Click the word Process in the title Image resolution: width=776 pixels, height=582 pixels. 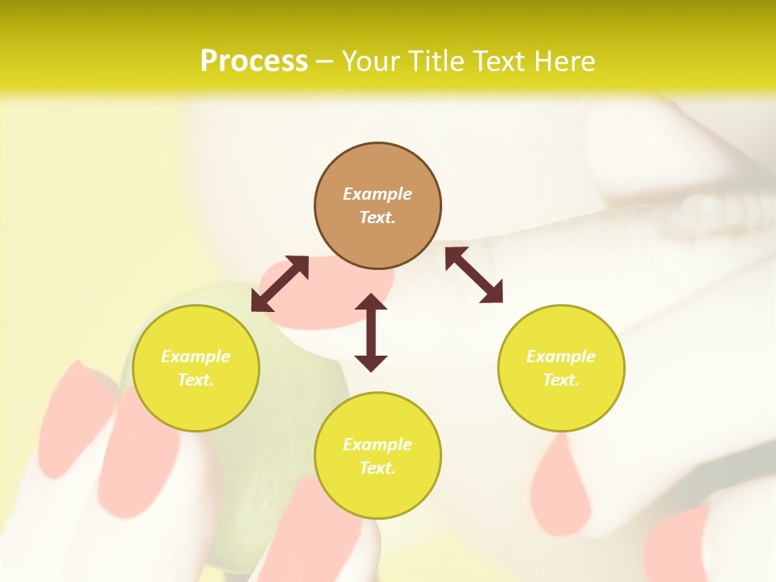pos(254,61)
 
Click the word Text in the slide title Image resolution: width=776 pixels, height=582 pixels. pos(499,61)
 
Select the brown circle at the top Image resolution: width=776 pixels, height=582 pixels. pos(377,206)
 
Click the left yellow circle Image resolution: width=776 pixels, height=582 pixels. pos(196,368)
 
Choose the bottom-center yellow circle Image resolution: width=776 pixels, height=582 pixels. pos(377,456)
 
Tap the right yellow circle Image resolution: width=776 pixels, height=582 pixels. pos(561,368)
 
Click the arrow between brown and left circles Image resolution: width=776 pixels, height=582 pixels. pos(280,284)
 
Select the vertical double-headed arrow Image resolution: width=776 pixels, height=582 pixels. pos(371,332)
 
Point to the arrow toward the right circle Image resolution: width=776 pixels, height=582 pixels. pos(474,275)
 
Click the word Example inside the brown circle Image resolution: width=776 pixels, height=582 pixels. pos(377,194)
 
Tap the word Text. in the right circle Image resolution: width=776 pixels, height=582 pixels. pos(561,380)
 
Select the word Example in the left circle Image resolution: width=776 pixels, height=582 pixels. pos(196,356)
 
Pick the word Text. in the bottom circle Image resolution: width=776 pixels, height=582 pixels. pos(377,468)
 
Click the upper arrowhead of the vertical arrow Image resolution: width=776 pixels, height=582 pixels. pos(371,302)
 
